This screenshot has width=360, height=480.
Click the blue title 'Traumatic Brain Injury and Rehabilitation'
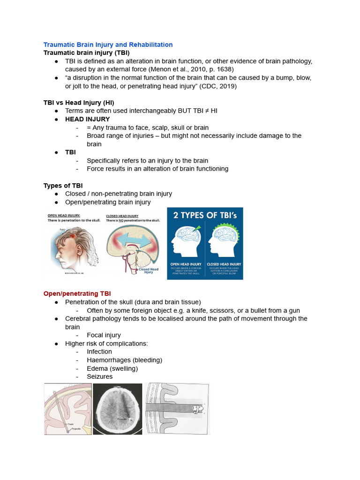108,45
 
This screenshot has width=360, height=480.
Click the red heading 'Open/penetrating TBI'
77,293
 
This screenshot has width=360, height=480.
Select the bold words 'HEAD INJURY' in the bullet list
87,119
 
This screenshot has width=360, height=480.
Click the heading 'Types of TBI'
63,186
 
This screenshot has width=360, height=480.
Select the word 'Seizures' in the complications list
99,376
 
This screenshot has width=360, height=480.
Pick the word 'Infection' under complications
99,352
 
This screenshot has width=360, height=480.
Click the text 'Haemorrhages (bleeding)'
124,360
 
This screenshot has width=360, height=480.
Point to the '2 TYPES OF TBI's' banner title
205,216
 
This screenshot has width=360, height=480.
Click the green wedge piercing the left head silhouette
196,229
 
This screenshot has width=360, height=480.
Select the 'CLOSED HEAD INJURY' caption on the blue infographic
224,264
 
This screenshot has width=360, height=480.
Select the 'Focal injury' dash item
104,335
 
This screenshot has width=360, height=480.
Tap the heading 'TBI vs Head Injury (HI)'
79,103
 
